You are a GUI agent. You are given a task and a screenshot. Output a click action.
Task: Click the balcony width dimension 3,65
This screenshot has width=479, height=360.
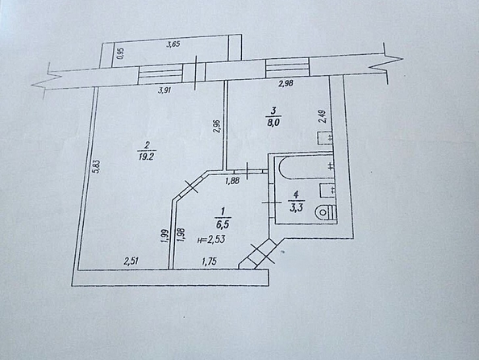tap(173, 44)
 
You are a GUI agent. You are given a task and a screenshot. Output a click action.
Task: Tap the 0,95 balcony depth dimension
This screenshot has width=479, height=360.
tap(121, 54)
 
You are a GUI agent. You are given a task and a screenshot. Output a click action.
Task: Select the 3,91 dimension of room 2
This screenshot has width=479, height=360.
tap(165, 90)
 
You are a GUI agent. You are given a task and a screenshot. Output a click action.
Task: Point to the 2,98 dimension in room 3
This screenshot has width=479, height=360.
tap(286, 83)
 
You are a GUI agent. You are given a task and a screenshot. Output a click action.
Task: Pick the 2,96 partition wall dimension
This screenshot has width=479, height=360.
tap(217, 126)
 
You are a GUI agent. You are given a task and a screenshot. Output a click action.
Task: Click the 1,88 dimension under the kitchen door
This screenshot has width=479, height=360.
tap(232, 181)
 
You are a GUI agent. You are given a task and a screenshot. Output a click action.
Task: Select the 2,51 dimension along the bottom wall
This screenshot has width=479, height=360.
tap(131, 261)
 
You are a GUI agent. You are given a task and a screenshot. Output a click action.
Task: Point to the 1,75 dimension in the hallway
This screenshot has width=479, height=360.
tap(209, 262)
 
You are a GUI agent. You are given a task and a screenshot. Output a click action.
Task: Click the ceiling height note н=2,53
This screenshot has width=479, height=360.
tap(211, 239)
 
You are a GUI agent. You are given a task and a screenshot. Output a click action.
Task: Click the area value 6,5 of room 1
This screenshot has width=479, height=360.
tap(223, 224)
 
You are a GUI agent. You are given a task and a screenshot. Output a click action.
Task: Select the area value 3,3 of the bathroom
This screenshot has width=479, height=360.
tap(296, 208)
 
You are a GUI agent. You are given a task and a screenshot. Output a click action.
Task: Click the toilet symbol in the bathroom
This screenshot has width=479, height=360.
tap(326, 212)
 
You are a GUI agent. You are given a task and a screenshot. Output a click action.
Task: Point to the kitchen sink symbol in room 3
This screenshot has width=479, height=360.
tap(325, 138)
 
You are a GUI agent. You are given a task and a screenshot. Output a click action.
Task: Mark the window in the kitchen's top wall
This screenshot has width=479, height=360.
tap(287, 68)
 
